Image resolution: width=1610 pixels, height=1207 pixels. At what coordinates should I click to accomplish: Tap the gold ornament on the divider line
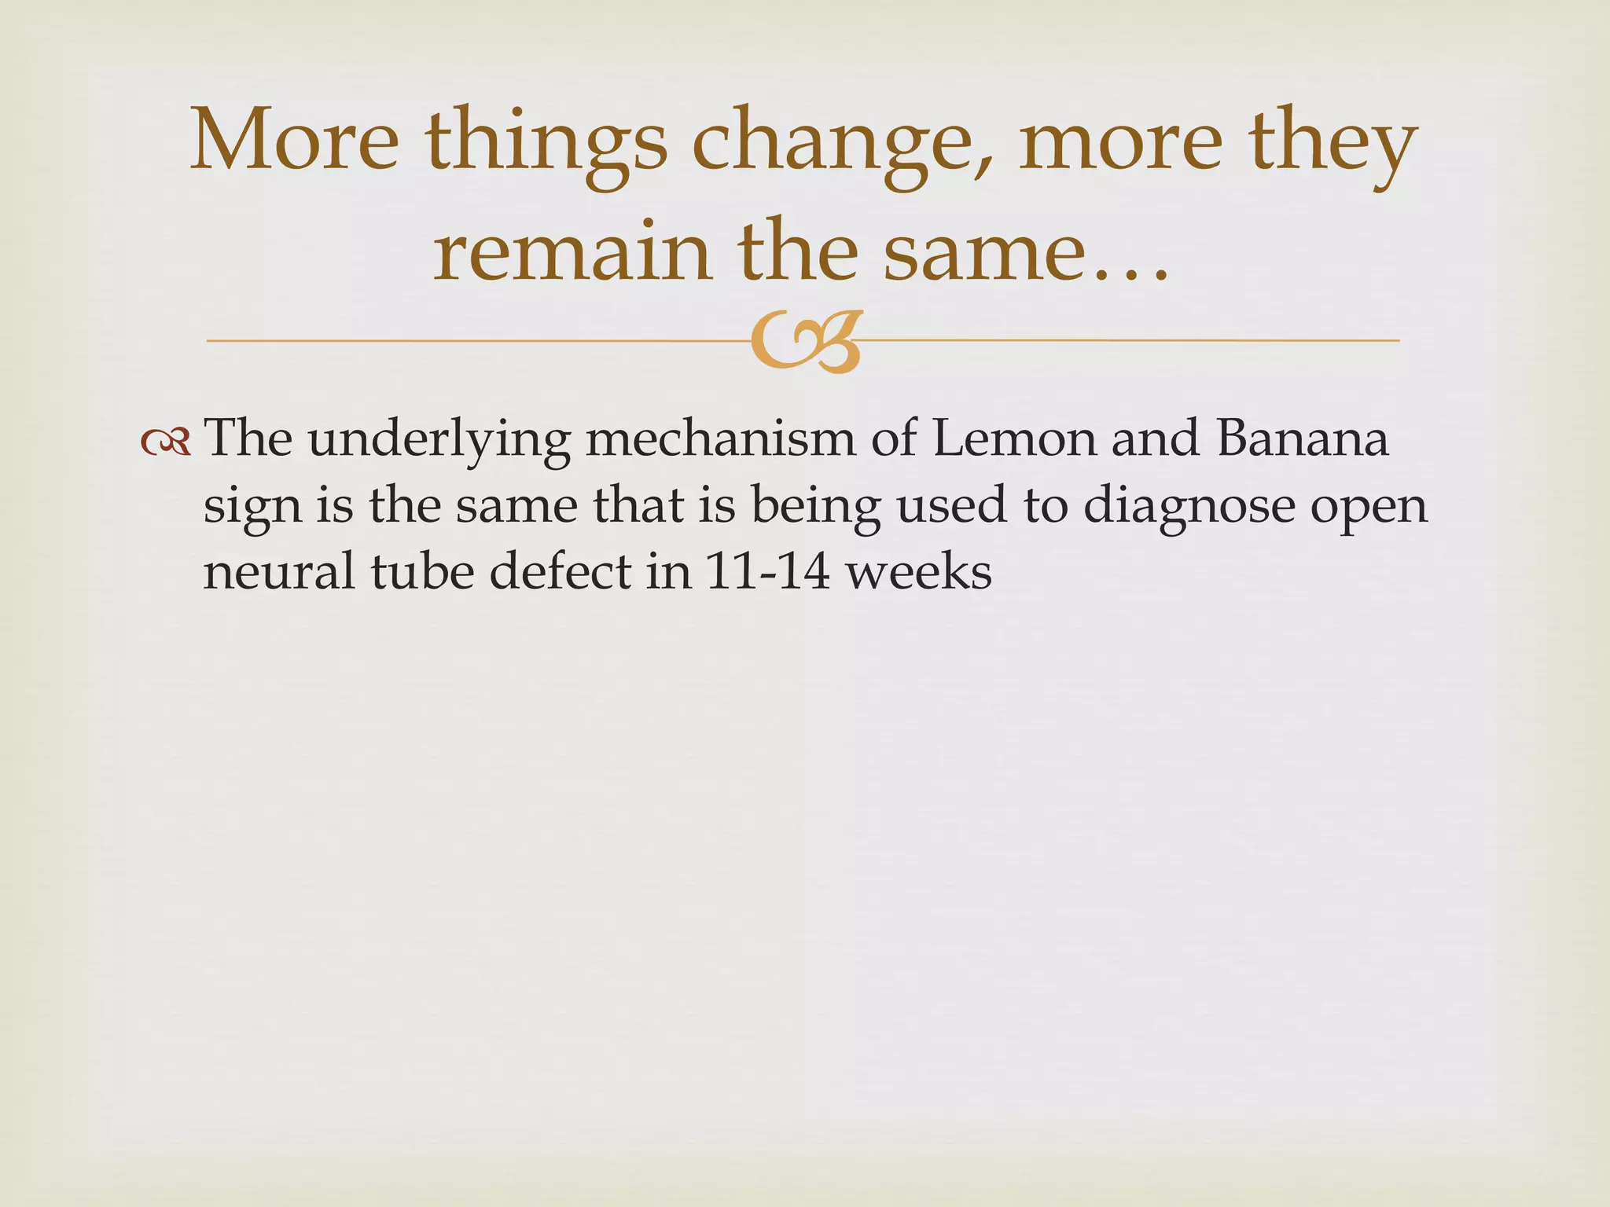[x=805, y=343]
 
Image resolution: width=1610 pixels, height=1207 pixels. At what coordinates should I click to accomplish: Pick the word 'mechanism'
[x=719, y=438]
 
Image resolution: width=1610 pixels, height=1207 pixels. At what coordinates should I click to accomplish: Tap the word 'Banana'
[x=1302, y=438]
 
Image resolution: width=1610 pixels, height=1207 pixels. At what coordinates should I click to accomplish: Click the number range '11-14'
[x=767, y=572]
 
